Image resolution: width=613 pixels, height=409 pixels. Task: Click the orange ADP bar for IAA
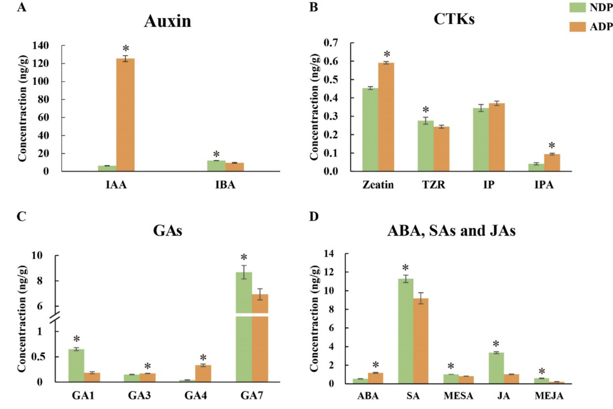click(125, 115)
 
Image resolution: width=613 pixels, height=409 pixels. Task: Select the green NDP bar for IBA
click(217, 166)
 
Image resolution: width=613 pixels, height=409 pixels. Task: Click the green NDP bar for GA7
click(244, 332)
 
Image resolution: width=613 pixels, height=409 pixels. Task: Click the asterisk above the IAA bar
click(126, 49)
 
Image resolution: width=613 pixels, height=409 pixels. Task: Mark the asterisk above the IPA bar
click(551, 146)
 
